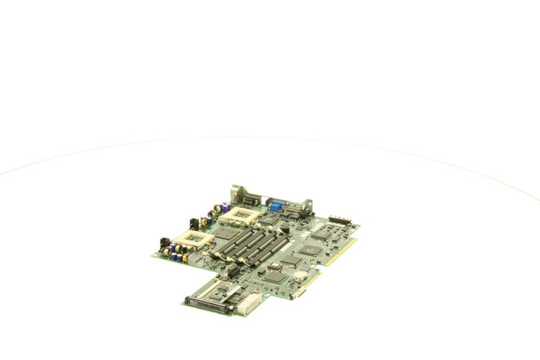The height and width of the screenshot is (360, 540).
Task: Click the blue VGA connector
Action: pos(275,207)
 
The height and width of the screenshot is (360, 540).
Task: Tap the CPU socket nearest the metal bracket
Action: pos(241,214)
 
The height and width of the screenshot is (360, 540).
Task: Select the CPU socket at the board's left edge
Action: pos(193,238)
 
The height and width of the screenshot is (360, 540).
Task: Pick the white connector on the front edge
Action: pos(248,304)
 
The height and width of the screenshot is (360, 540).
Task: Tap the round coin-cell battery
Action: pos(298,275)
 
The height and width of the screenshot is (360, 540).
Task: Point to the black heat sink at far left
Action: pos(165,242)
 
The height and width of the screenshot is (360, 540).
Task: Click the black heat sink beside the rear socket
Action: pos(195,223)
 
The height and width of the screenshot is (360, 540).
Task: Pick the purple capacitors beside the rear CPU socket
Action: pos(225,207)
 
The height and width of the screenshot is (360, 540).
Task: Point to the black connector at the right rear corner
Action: pos(339,220)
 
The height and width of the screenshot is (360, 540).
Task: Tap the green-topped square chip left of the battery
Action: pos(274,276)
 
